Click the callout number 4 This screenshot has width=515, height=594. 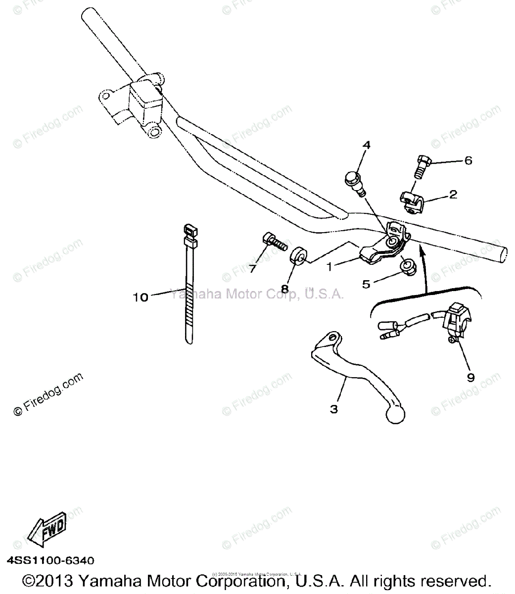tap(366, 145)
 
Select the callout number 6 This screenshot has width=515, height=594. tap(468, 160)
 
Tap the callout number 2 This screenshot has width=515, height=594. tap(453, 195)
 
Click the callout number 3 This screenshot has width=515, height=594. tap(334, 409)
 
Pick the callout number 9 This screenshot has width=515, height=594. tap(470, 377)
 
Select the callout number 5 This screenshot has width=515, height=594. tap(366, 284)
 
